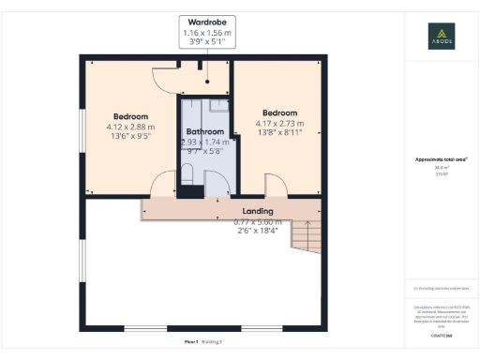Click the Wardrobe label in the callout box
pos(207,21)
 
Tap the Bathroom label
pos(204,131)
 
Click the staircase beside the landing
pos(306,233)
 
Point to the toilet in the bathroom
pos(187,173)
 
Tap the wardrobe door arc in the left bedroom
pos(165,78)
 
